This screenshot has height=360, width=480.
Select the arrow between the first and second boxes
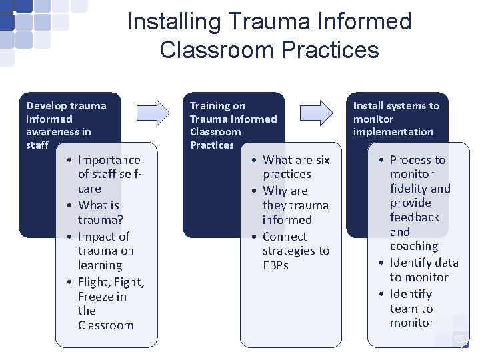[153, 111]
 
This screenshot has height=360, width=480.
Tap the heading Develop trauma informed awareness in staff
[65, 125]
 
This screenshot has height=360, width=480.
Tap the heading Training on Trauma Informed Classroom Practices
[233, 125]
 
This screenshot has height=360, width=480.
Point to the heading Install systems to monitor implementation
[396, 119]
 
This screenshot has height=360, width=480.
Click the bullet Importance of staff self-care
[109, 174]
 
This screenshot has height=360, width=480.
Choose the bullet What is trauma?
[99, 212]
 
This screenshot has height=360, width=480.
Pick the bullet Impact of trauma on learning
[105, 251]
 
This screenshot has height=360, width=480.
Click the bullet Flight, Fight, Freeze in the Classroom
[111, 303]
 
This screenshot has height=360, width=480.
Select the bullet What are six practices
[295, 167]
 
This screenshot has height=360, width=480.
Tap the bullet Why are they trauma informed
[295, 205]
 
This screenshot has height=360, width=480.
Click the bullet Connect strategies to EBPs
[295, 251]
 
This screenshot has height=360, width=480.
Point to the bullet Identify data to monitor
[423, 270]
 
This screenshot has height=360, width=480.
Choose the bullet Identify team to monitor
[411, 308]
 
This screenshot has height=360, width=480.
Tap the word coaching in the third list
[414, 246]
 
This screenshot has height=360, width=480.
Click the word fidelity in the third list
[411, 189]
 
